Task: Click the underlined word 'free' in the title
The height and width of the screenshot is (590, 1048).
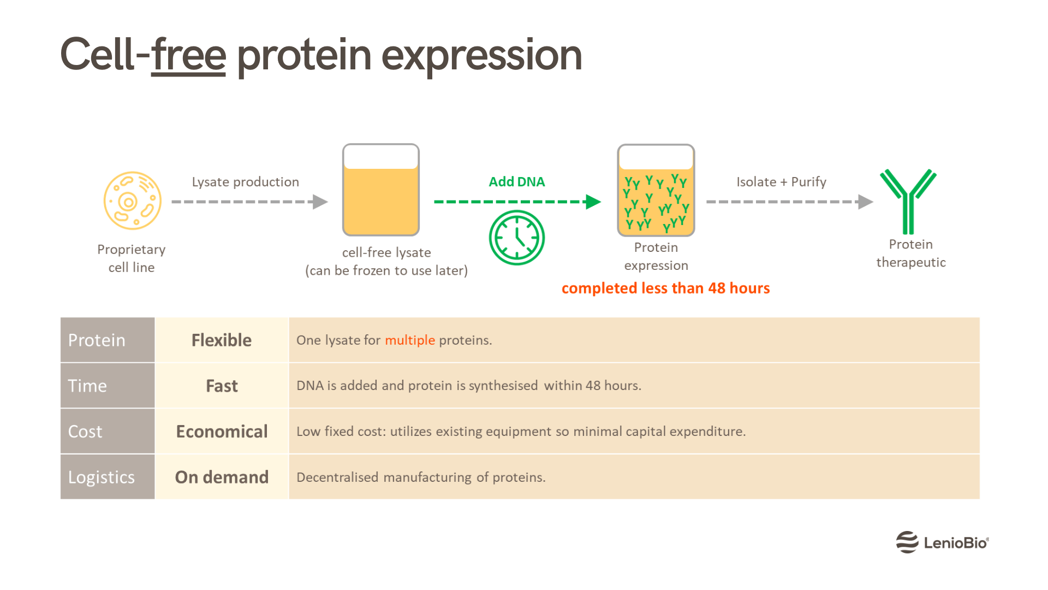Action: (188, 55)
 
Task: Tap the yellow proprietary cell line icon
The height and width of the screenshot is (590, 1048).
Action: (133, 201)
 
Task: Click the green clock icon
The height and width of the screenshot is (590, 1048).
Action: (516, 238)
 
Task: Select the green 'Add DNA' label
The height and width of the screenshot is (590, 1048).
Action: (516, 181)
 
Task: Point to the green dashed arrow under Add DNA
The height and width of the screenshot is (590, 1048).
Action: (516, 202)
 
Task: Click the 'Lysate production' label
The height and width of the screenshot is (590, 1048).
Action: (245, 181)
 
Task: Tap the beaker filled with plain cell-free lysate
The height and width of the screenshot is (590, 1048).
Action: (380, 190)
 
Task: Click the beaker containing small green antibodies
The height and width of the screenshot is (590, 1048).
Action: (656, 190)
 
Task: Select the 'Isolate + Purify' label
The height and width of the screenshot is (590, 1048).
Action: (781, 181)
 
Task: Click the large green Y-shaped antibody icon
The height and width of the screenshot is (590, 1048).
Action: (908, 201)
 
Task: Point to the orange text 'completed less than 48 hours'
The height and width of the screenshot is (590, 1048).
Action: (665, 288)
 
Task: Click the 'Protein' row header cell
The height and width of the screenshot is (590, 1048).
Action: (108, 340)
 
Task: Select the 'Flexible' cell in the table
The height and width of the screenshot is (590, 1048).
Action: (222, 340)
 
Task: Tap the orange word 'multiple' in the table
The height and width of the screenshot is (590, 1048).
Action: (410, 340)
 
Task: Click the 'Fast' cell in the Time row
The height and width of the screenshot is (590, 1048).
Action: (222, 386)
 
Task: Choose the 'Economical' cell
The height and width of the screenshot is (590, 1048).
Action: (222, 432)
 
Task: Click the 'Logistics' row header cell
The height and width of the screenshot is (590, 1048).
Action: (108, 477)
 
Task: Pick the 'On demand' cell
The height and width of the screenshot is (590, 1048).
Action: (222, 477)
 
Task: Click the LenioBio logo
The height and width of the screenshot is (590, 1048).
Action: (942, 542)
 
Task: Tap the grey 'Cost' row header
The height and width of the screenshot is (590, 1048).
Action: (108, 432)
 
